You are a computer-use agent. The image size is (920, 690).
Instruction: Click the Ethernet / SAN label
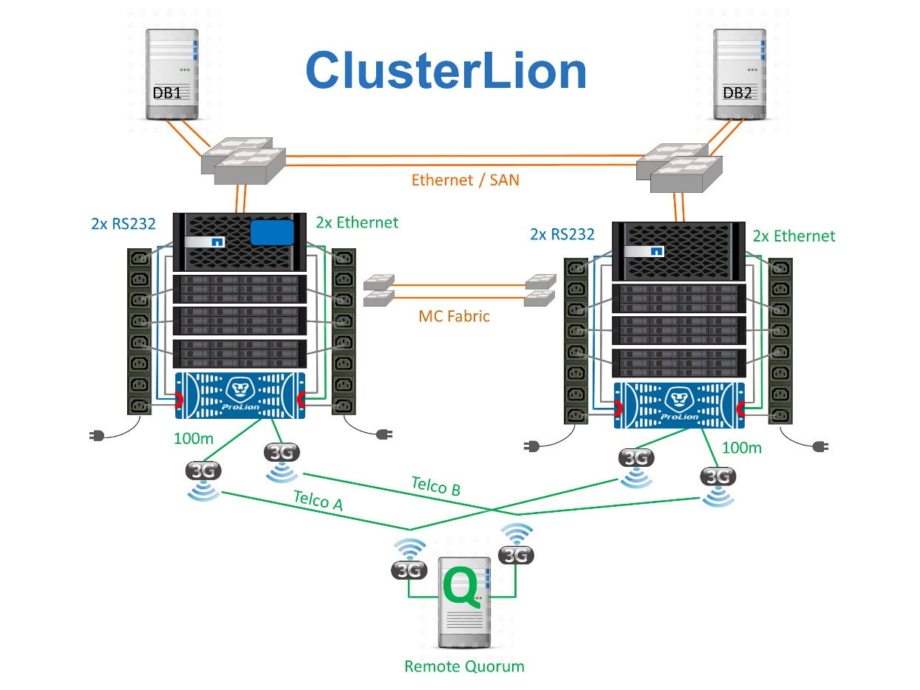(x=465, y=179)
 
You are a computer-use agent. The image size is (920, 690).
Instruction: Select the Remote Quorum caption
(x=464, y=666)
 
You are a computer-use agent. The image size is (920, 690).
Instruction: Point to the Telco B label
(x=436, y=485)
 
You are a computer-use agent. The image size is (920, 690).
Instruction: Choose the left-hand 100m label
(x=194, y=439)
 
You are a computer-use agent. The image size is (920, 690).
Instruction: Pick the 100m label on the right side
(x=741, y=447)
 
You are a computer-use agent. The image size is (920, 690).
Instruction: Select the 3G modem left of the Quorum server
(x=409, y=570)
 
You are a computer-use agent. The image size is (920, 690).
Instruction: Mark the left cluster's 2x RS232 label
(x=123, y=223)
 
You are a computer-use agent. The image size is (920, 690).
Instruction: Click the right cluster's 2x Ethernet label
(x=794, y=236)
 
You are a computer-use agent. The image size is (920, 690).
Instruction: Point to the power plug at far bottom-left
(x=97, y=435)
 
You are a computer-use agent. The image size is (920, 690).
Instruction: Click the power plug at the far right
(x=819, y=446)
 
